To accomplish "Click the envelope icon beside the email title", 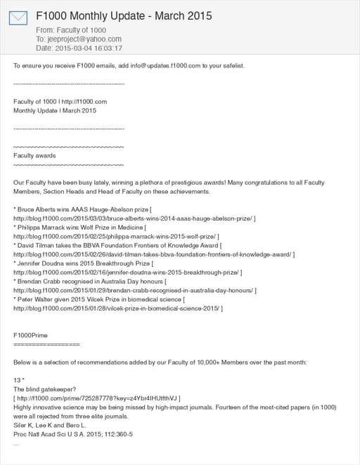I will point(18,17).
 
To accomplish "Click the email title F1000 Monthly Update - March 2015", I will point(124,15).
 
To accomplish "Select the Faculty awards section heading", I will point(34,155).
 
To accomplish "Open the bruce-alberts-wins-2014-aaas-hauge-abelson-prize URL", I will point(133,218).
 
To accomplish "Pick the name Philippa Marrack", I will point(43,228).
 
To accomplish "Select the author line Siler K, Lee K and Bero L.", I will point(49,425).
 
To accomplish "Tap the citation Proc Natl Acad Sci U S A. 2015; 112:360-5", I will point(73,434).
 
